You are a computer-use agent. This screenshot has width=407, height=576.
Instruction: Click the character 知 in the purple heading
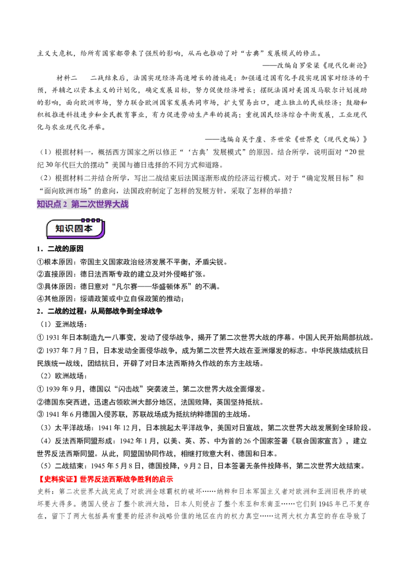tap(41, 204)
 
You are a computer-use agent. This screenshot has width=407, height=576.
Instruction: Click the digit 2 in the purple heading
tap(65, 205)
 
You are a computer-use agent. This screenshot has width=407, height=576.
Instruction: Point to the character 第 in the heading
tap(75, 204)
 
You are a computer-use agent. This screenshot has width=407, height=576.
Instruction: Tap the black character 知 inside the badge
tap(60, 229)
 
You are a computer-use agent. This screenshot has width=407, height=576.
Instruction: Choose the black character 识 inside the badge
tap(70, 229)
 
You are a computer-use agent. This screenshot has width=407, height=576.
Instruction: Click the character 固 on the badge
tap(79, 229)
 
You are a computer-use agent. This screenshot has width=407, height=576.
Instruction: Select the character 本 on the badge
tap(89, 229)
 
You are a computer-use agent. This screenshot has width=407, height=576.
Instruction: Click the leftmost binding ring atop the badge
tap(82, 220)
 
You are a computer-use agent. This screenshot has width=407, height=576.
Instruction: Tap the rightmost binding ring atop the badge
tap(99, 220)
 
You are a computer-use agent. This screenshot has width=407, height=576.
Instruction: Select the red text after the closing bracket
tap(127, 479)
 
